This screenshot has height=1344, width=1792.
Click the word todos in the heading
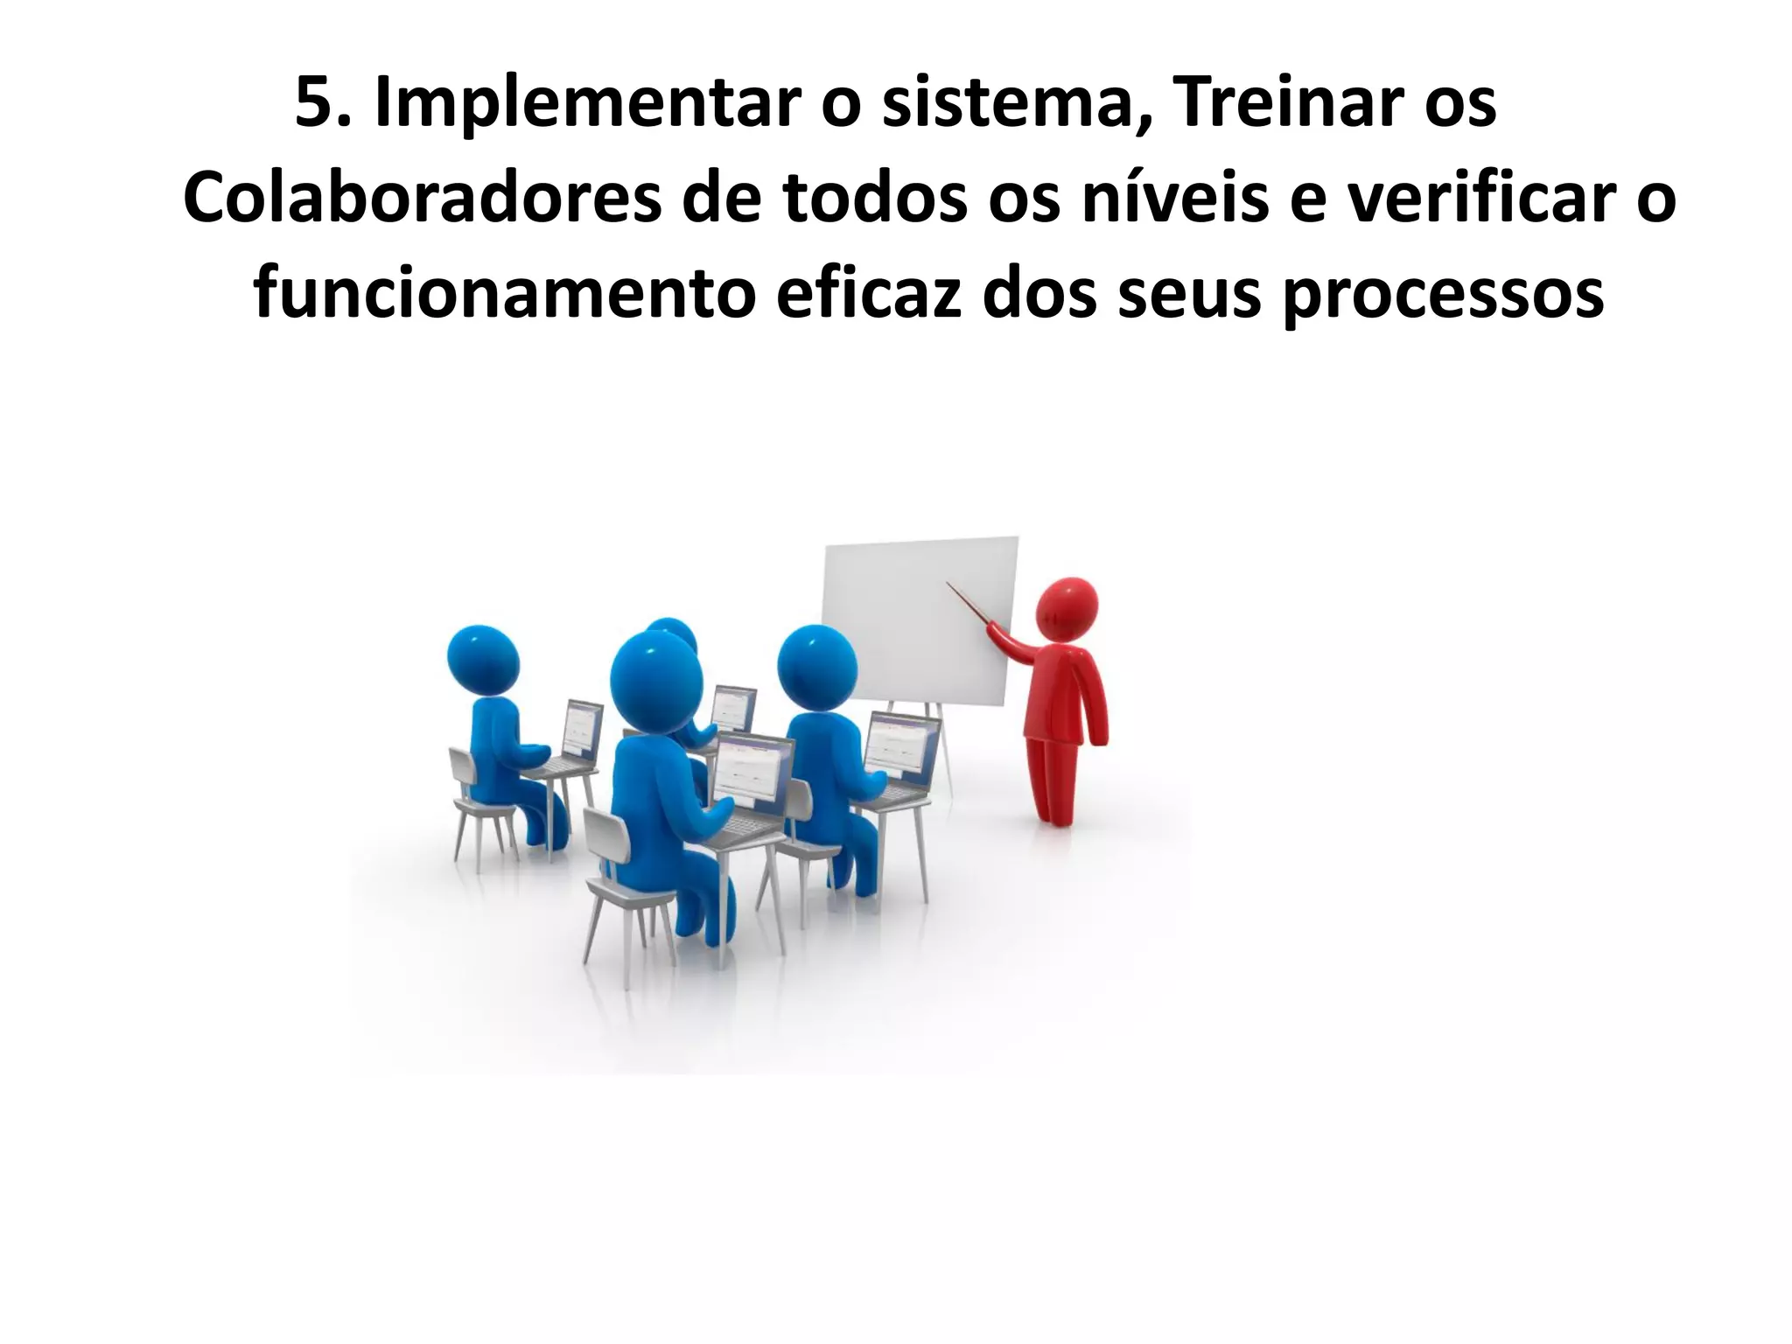pyautogui.click(x=876, y=200)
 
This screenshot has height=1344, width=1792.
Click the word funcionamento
pyautogui.click(x=504, y=296)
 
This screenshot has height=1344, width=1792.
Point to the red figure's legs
pyautogui.click(x=1053, y=779)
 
